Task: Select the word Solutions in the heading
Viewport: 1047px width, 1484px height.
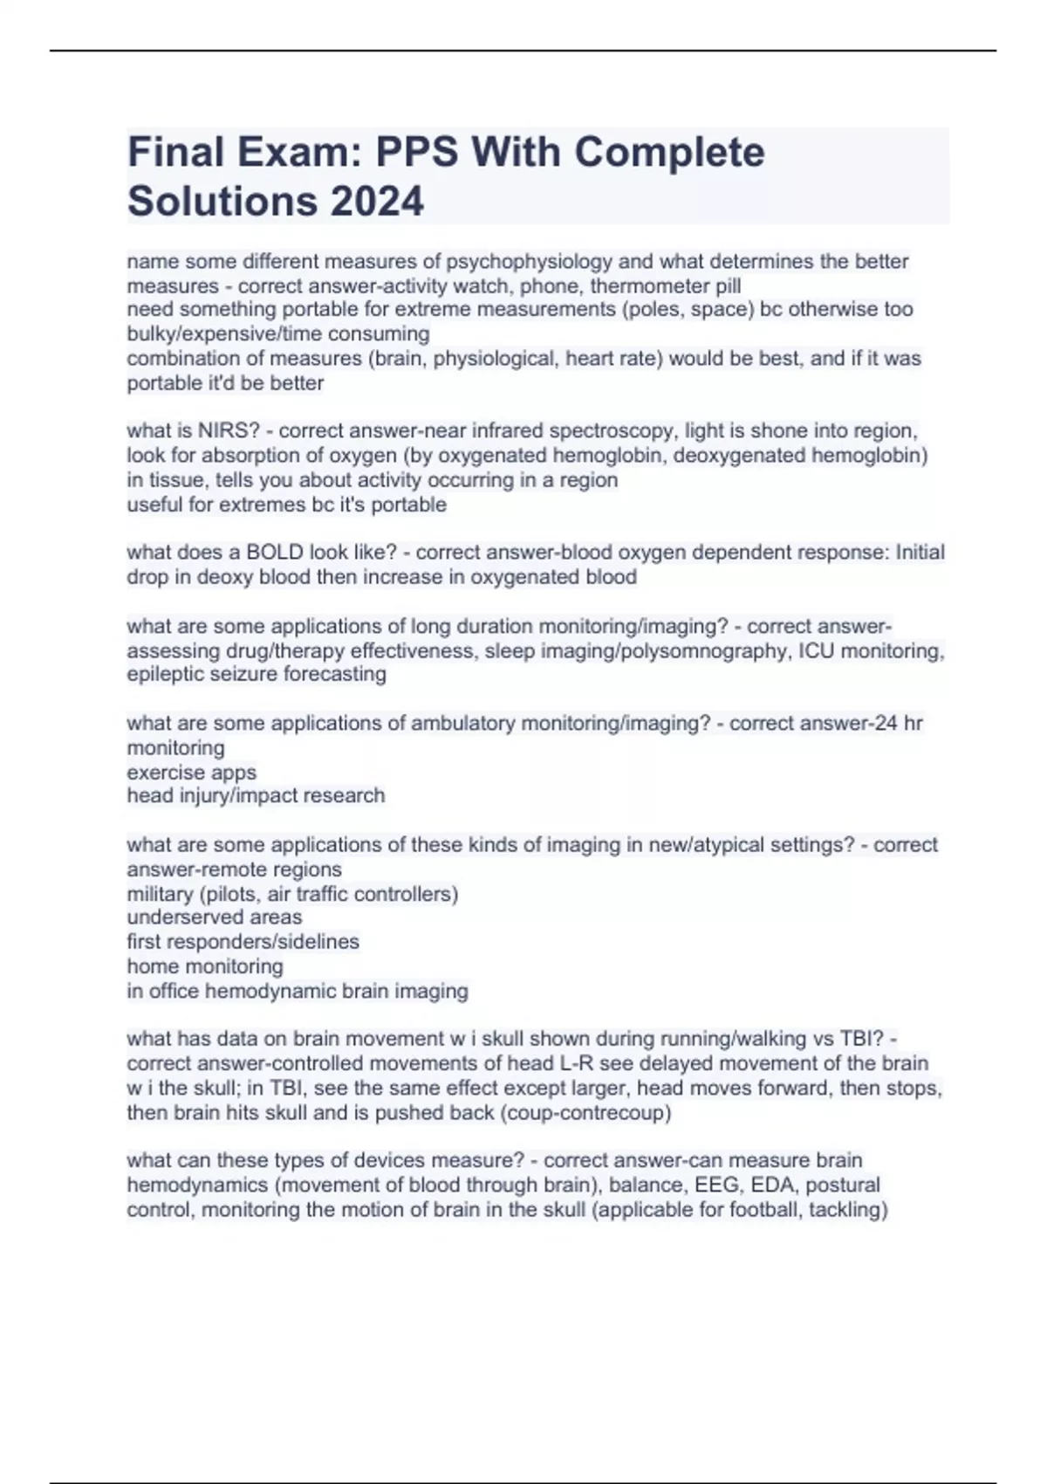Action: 222,201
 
